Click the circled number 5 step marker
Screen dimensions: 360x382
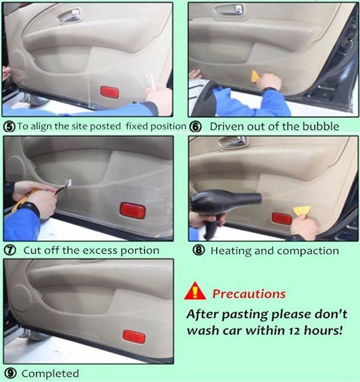click(x=10, y=127)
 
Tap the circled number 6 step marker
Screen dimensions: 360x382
click(x=196, y=127)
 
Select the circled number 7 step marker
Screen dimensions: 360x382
click(x=10, y=250)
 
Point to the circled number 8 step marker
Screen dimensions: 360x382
click(x=199, y=250)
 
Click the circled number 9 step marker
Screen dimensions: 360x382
click(x=10, y=374)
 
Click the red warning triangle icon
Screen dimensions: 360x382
click(x=195, y=291)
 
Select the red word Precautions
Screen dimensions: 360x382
click(x=249, y=294)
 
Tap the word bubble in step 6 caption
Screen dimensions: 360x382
click(x=320, y=127)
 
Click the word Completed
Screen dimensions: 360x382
click(x=50, y=374)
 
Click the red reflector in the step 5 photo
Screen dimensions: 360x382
click(x=110, y=92)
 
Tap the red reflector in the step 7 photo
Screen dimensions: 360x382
click(x=133, y=211)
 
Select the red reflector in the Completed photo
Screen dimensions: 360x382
click(x=134, y=336)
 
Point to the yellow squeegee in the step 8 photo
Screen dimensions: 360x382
click(x=302, y=211)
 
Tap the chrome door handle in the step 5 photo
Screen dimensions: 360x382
click(x=69, y=16)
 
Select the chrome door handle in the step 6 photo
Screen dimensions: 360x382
click(x=229, y=10)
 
